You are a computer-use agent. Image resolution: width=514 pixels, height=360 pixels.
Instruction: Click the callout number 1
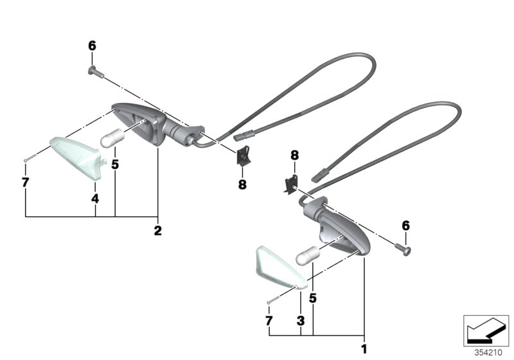(364, 349)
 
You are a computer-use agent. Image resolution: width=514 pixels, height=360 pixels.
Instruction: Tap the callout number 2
(157, 231)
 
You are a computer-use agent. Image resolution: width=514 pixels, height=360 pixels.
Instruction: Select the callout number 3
(301, 320)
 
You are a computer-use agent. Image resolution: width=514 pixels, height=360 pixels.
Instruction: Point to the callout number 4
(95, 199)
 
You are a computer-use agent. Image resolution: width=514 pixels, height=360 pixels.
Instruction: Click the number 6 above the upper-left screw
(92, 46)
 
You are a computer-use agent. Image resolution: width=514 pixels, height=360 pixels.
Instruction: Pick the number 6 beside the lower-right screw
(406, 226)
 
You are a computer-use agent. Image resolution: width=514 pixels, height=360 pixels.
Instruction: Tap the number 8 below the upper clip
(242, 184)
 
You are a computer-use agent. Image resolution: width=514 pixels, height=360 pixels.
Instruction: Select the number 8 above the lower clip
(295, 155)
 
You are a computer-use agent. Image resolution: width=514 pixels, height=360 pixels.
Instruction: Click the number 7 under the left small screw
(25, 183)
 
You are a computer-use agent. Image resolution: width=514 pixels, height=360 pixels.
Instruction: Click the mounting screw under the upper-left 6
(96, 73)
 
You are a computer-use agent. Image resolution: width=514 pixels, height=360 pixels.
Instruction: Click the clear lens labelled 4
(77, 157)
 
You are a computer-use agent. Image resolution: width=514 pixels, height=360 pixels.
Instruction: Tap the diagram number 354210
(488, 352)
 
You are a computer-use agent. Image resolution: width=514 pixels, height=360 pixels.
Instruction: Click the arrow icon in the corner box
(486, 330)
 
